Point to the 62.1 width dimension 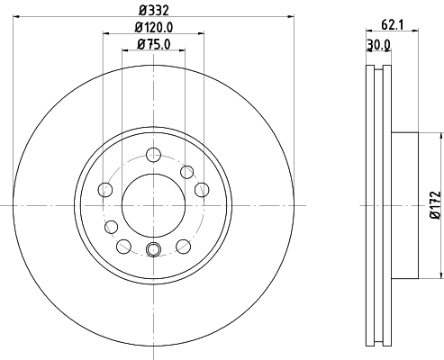click(389, 26)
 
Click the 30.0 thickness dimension click(378, 44)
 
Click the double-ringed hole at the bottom click(153, 249)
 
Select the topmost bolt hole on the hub click(187, 172)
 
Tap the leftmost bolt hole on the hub click(104, 189)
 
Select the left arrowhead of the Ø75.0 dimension click(125, 49)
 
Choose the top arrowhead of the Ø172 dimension click(439, 136)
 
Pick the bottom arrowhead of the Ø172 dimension click(439, 274)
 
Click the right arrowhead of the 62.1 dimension click(417, 32)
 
